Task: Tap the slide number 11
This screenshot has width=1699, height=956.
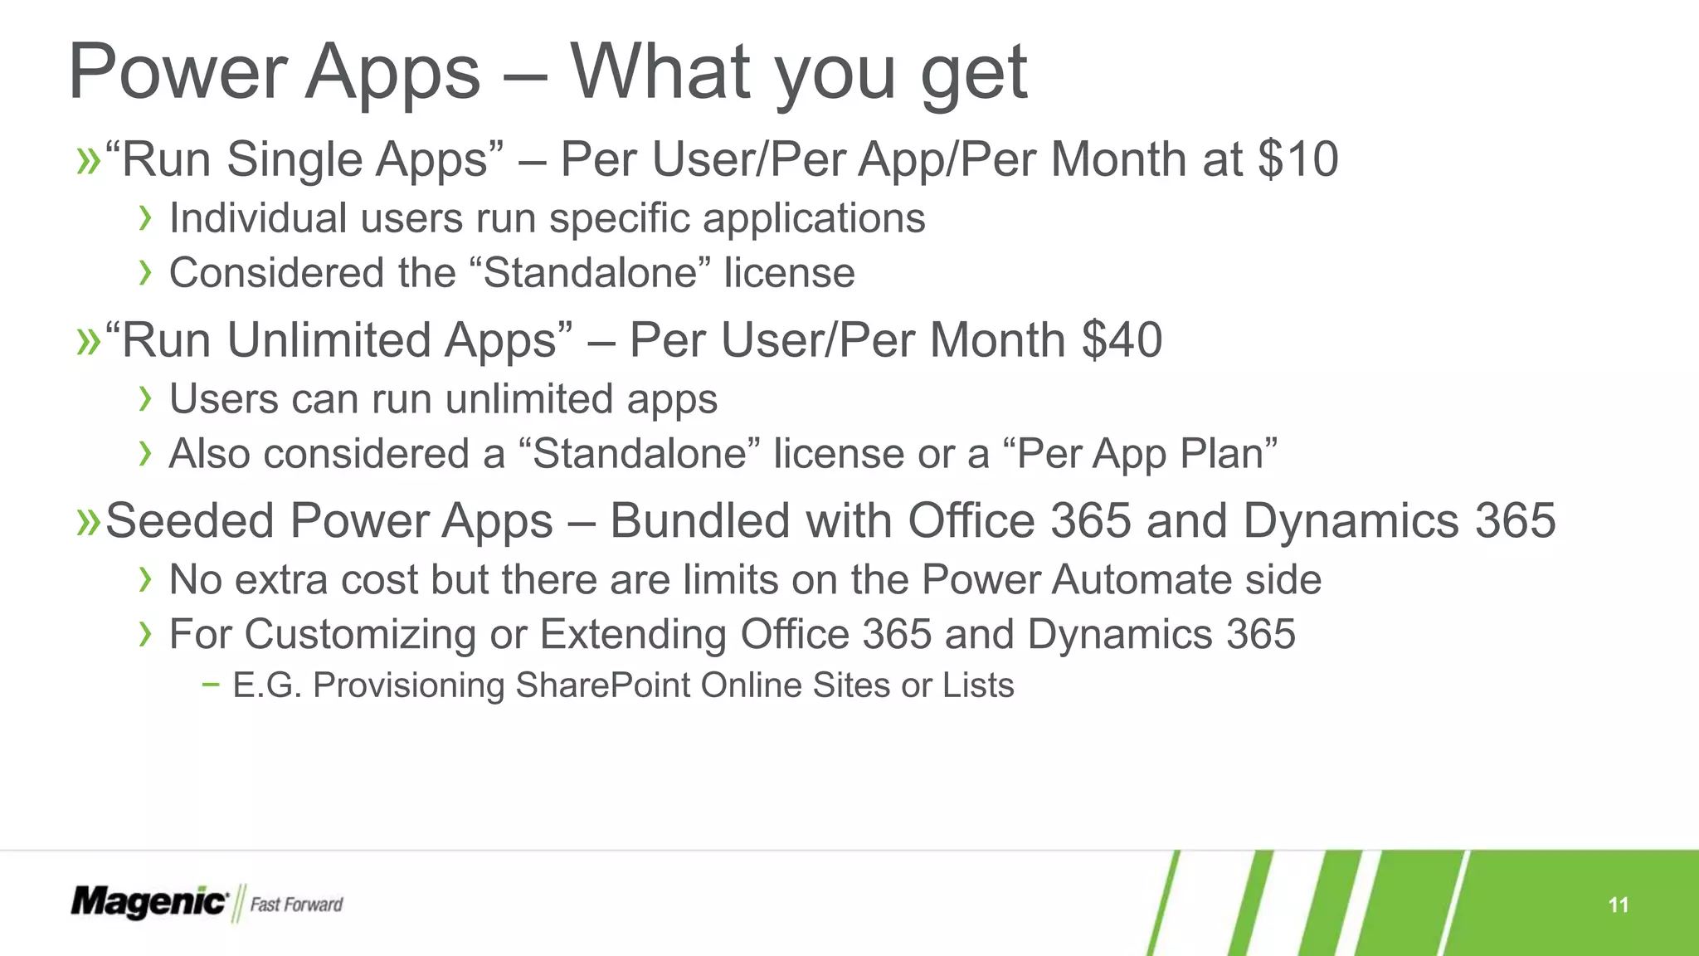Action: pyautogui.click(x=1618, y=905)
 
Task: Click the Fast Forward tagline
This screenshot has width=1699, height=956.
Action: pyautogui.click(x=296, y=905)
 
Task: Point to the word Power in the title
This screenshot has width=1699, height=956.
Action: pyautogui.click(x=178, y=73)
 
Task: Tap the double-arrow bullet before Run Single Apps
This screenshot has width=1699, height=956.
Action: pyautogui.click(x=87, y=161)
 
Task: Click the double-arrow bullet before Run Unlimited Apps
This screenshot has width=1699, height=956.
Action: pyautogui.click(x=87, y=342)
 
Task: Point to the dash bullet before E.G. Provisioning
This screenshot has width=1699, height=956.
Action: pyautogui.click(x=211, y=685)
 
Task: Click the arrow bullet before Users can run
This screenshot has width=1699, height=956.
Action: pyautogui.click(x=146, y=399)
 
